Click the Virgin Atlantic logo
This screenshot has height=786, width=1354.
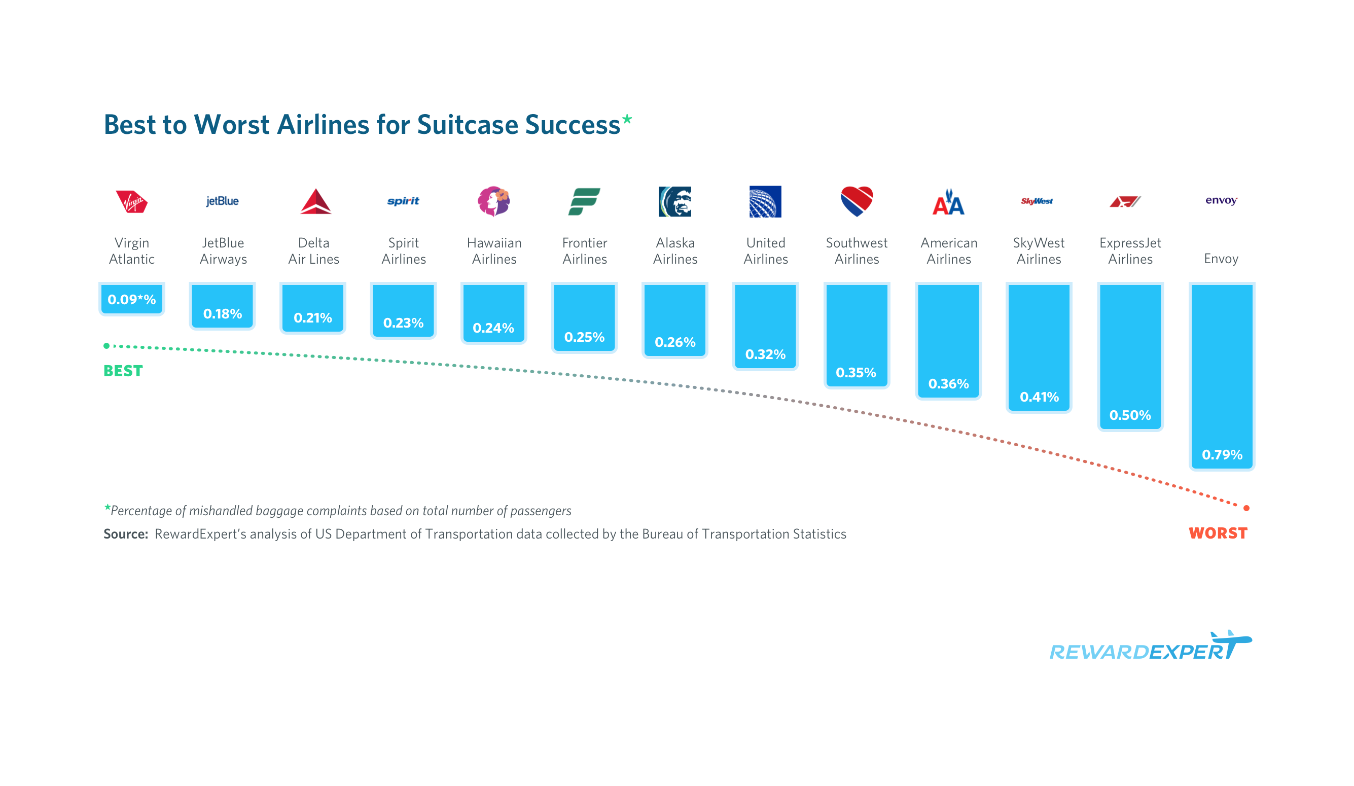pyautogui.click(x=132, y=202)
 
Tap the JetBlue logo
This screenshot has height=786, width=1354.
pyautogui.click(x=223, y=201)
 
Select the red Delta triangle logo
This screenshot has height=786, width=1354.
pyautogui.click(x=315, y=201)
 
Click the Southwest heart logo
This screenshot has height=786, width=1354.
pyautogui.click(x=857, y=201)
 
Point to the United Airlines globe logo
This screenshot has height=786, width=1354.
pyautogui.click(x=765, y=201)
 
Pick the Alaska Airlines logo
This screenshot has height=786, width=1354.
pyautogui.click(x=675, y=201)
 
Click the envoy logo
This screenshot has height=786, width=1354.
pyautogui.click(x=1221, y=200)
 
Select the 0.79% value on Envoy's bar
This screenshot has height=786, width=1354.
pyautogui.click(x=1222, y=454)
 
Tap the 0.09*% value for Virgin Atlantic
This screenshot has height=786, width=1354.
pyautogui.click(x=132, y=299)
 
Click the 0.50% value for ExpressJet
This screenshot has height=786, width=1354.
pyautogui.click(x=1130, y=415)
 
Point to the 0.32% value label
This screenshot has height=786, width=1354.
pyautogui.click(x=765, y=354)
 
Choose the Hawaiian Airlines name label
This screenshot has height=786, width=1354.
pyautogui.click(x=494, y=251)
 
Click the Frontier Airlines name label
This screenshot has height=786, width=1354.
pyautogui.click(x=585, y=251)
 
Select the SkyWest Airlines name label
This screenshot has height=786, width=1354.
pyautogui.click(x=1039, y=251)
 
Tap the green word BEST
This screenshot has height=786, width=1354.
pyautogui.click(x=123, y=371)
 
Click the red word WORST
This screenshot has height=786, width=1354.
pyautogui.click(x=1218, y=533)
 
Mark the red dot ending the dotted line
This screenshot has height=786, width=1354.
pyautogui.click(x=1246, y=508)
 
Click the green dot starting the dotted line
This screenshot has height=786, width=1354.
pyautogui.click(x=106, y=345)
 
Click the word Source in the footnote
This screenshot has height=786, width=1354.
pyautogui.click(x=126, y=534)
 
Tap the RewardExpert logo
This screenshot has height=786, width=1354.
pyautogui.click(x=1150, y=648)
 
